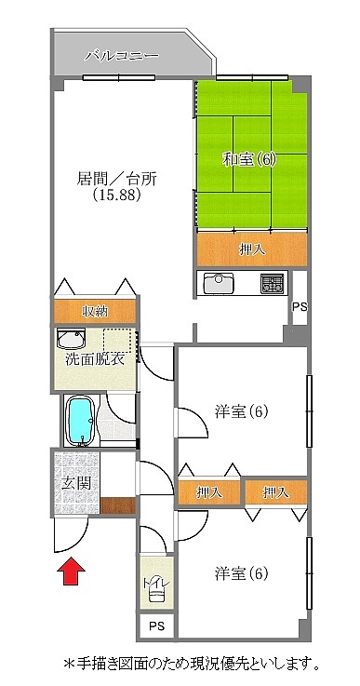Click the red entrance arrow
click(71, 570)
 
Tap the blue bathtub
click(80, 421)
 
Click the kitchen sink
click(219, 283)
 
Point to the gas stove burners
click(272, 283)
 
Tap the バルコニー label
click(122, 56)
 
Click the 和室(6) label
click(249, 160)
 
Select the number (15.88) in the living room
click(116, 195)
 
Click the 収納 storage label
click(95, 312)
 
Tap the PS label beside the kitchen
click(300, 306)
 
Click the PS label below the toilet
click(156, 626)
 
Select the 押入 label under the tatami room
click(252, 249)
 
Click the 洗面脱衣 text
click(95, 360)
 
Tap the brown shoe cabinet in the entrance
click(117, 505)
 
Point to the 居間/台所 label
click(116, 179)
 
